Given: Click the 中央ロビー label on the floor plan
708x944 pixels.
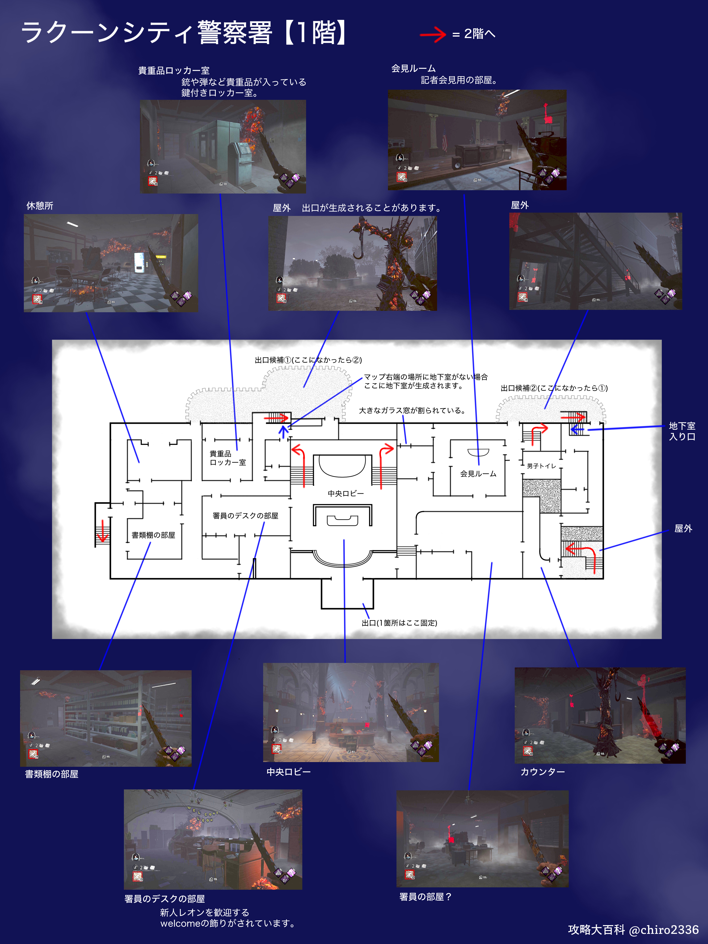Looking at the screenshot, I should [x=346, y=493].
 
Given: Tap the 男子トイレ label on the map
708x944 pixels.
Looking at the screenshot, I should [x=541, y=466].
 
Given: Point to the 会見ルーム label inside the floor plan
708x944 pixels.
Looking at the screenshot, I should [x=478, y=474].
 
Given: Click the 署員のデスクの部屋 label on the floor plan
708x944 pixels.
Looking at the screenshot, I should [x=245, y=515].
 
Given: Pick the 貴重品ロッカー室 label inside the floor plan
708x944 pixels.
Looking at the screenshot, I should [x=228, y=458].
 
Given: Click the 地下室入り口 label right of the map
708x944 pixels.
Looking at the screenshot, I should [x=682, y=431].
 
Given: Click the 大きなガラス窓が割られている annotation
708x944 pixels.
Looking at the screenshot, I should [x=412, y=411].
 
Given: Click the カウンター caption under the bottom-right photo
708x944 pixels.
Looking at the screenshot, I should [x=542, y=771].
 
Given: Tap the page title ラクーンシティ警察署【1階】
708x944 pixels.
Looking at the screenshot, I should [x=184, y=33].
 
